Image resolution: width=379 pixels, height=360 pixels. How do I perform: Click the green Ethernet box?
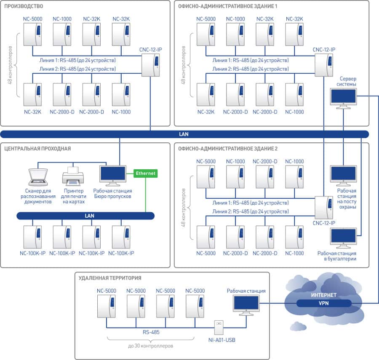(x=145, y=173)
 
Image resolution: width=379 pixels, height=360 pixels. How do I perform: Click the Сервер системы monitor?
(x=343, y=98)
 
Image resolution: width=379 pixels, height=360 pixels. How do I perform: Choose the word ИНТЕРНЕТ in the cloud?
(x=323, y=294)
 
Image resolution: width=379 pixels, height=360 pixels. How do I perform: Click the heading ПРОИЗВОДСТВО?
(x=23, y=7)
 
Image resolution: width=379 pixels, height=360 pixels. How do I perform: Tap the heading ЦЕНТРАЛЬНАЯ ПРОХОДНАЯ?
(x=37, y=149)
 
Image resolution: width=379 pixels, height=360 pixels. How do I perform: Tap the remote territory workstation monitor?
(x=246, y=304)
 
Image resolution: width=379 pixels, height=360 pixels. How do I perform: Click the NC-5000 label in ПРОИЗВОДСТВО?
(x=32, y=19)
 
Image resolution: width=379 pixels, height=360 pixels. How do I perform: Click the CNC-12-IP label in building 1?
(x=324, y=50)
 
